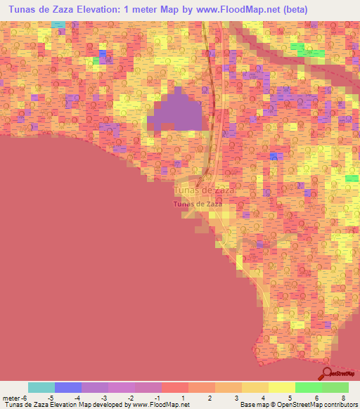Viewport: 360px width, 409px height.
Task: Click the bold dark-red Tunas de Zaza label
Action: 198,204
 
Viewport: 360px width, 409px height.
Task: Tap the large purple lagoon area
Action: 179,112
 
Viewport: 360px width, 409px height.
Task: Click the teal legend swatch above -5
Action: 41,387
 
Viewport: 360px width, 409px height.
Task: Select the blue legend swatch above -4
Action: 68,387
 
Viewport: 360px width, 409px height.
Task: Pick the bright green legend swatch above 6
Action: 308,387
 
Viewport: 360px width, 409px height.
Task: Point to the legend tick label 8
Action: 342,397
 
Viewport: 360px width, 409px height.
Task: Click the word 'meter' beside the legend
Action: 11,397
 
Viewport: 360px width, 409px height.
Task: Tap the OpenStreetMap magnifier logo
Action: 327,373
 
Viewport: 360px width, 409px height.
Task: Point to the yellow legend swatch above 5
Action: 281,387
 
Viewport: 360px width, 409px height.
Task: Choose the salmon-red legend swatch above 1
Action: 175,387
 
